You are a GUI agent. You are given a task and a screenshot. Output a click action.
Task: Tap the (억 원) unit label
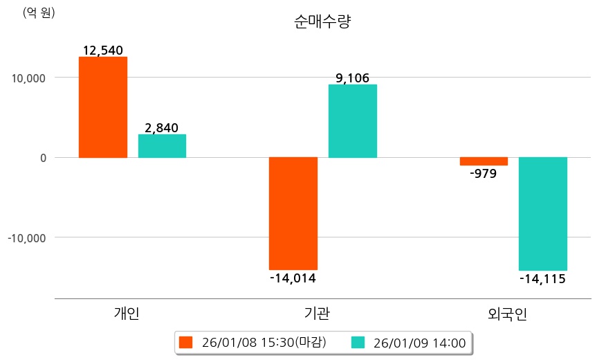(39, 12)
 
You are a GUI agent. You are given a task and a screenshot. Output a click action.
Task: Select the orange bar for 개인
(103, 107)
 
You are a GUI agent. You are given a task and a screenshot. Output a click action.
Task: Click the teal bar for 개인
(162, 146)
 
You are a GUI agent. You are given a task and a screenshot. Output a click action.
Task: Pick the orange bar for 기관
(293, 213)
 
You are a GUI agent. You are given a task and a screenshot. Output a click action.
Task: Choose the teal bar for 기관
(353, 121)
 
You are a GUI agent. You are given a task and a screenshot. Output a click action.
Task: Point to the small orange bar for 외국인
(484, 161)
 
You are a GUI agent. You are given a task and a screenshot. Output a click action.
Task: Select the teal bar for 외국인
(543, 213)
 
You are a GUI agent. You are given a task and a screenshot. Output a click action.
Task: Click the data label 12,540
(102, 51)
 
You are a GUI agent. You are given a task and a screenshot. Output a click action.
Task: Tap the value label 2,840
(162, 127)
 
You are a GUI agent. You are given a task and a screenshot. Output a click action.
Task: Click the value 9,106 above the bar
(353, 78)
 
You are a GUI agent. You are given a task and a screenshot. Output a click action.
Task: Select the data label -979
(483, 174)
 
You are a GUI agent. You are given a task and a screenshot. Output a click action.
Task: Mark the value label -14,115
(542, 279)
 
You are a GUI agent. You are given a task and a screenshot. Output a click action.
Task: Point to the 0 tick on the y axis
(42, 158)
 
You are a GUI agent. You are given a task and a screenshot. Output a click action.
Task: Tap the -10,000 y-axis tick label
(26, 237)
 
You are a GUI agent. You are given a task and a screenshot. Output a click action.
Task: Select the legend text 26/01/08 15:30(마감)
(264, 342)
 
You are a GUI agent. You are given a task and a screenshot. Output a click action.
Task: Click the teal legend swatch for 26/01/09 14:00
(358, 342)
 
